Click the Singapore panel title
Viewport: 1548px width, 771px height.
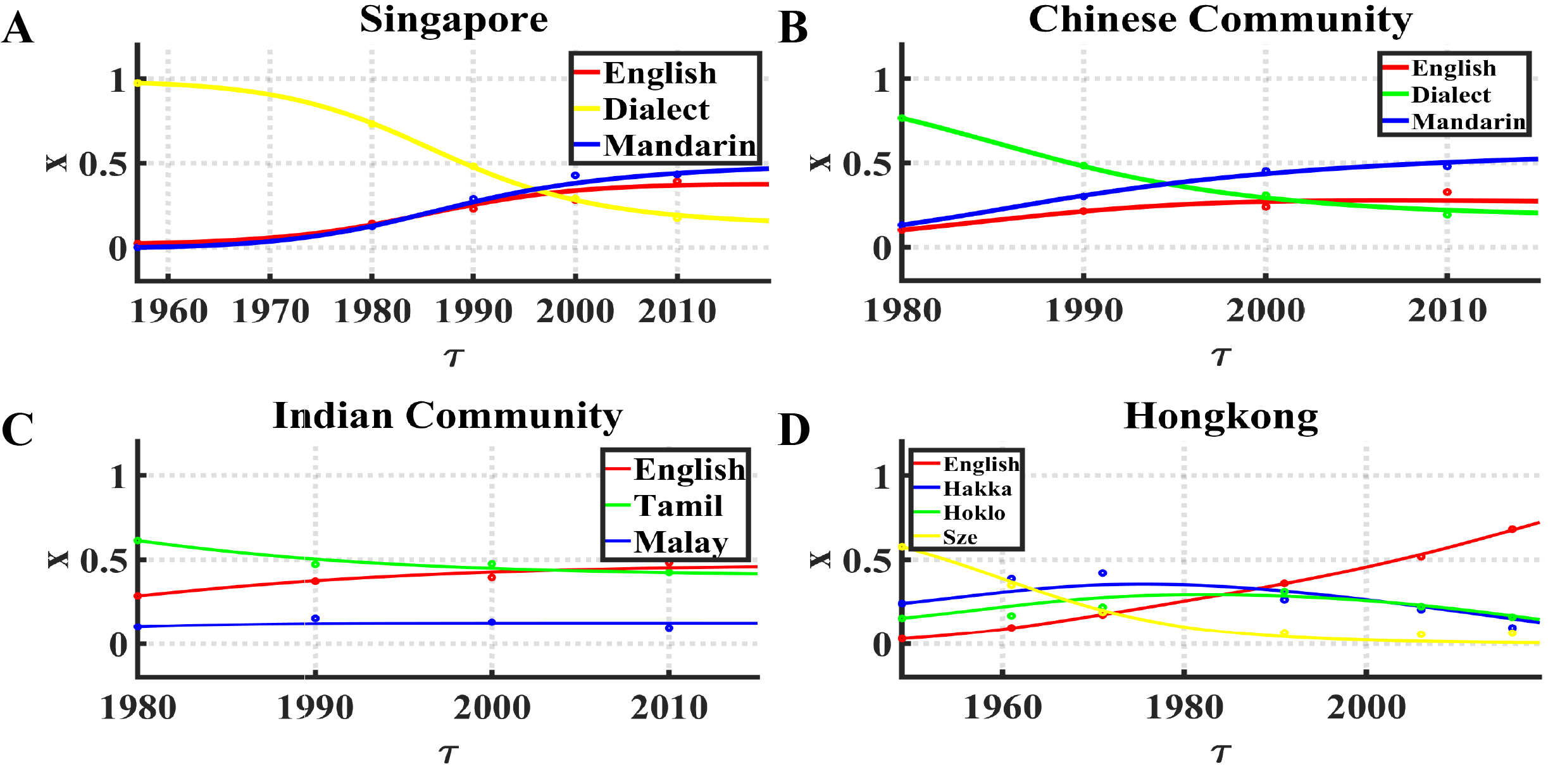point(454,19)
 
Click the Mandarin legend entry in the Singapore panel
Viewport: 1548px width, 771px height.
point(679,146)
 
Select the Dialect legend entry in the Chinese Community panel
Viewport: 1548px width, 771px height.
point(1451,95)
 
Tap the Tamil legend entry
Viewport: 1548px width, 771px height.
point(678,506)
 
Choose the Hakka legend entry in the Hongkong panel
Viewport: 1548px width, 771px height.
point(977,489)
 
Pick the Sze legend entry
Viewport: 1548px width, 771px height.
point(960,537)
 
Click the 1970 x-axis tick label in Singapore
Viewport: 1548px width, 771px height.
point(270,311)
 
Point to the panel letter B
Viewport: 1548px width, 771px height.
point(793,28)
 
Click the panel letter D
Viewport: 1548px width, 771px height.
point(794,430)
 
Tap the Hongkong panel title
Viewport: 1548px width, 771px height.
point(1220,417)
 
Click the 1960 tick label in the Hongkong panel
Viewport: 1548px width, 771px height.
point(1002,707)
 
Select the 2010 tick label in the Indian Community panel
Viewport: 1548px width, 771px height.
point(669,707)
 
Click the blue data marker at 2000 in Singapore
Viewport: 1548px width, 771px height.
point(575,175)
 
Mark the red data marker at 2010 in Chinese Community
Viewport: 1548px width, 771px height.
point(1447,192)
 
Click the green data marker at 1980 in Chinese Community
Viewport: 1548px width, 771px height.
point(902,118)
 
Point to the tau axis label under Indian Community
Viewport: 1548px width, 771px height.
point(448,753)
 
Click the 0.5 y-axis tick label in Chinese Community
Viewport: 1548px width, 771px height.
point(866,165)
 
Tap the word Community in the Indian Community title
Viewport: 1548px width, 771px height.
point(513,417)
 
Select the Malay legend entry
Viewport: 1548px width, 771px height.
point(680,542)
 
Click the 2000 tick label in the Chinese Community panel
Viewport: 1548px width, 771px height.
point(1265,311)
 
